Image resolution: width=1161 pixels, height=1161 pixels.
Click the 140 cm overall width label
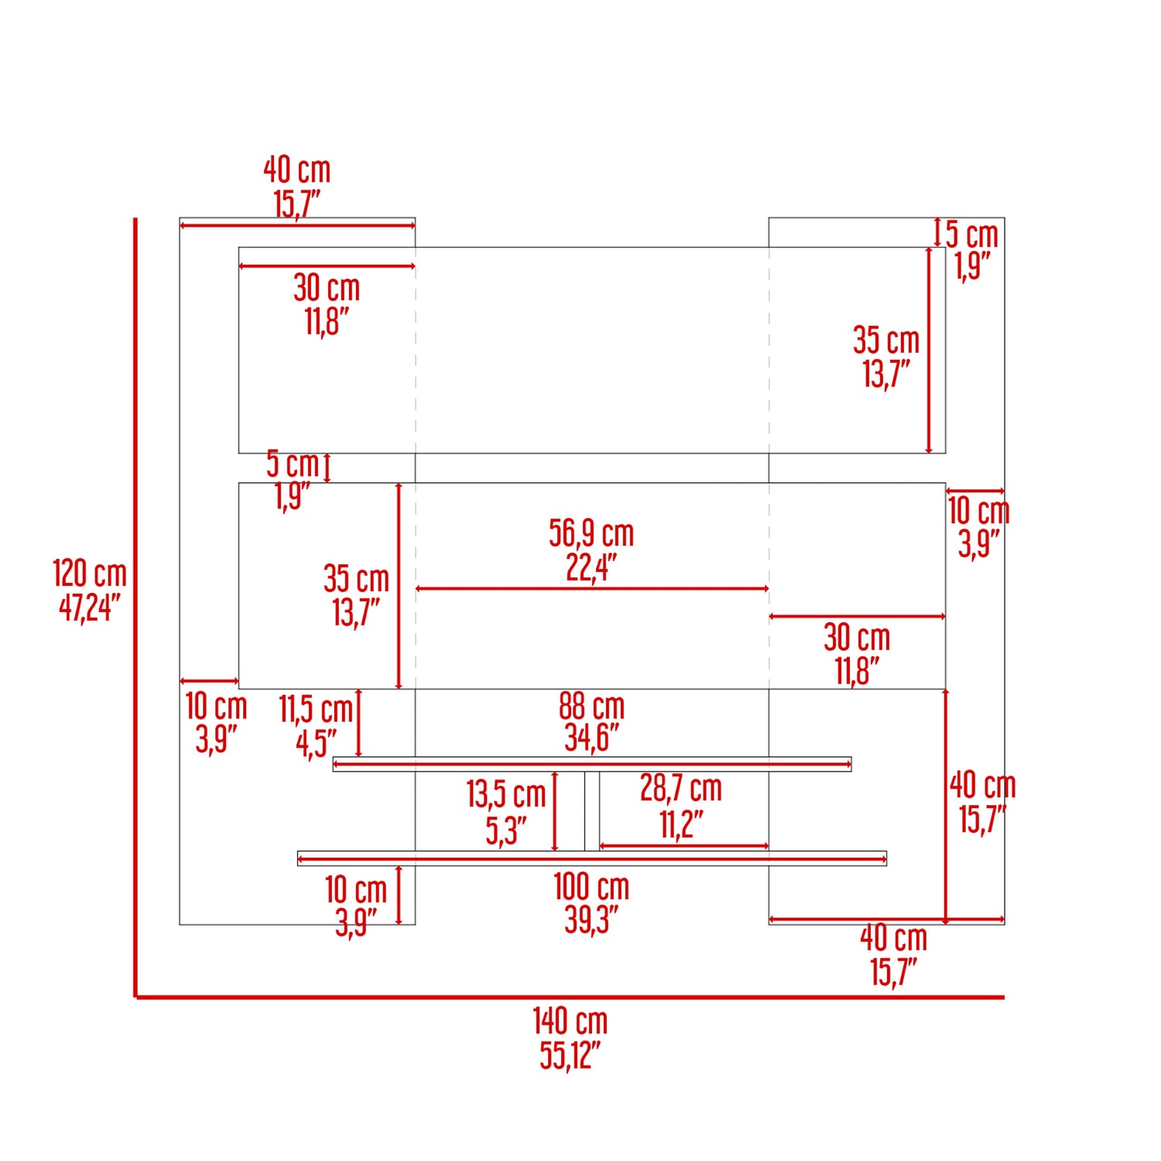570,1022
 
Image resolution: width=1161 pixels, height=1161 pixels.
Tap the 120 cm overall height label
89,574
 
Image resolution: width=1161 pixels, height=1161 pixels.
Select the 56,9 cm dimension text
591,533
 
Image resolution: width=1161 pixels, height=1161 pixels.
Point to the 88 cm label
591,706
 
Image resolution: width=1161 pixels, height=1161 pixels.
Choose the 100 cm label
591,887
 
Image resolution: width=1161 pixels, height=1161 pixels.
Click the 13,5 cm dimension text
506,794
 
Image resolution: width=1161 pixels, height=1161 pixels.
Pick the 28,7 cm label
681,789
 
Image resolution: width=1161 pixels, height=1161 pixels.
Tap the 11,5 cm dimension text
316,709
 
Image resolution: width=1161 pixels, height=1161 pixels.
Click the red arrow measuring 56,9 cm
591,589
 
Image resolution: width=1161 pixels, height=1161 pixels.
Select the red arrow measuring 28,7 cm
684,846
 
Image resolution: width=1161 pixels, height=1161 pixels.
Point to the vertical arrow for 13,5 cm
555,811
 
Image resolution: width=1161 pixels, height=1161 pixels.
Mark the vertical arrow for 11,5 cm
358,723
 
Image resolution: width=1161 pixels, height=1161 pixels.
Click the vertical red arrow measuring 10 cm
399,895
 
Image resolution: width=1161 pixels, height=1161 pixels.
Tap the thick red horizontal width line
570,997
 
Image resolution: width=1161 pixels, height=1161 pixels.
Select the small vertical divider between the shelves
591,811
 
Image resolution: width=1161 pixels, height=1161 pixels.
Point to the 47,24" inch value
89,608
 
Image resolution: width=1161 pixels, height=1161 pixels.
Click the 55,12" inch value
570,1056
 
